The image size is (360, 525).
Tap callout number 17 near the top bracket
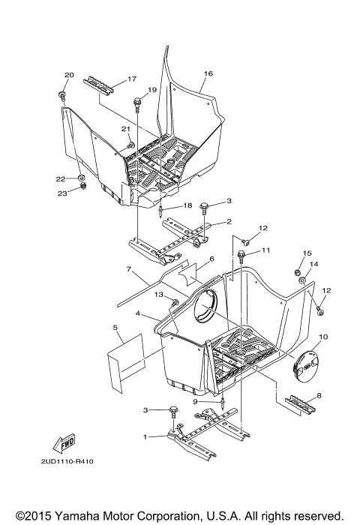[131, 79]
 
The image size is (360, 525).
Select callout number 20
[69, 75]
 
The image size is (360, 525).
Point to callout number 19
[152, 90]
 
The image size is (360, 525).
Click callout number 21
[126, 129]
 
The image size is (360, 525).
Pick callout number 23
[62, 193]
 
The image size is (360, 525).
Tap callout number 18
[187, 205]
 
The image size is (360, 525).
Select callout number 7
[129, 268]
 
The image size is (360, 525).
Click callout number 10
[323, 337]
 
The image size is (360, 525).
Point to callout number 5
[116, 328]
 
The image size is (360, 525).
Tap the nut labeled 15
[297, 272]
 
